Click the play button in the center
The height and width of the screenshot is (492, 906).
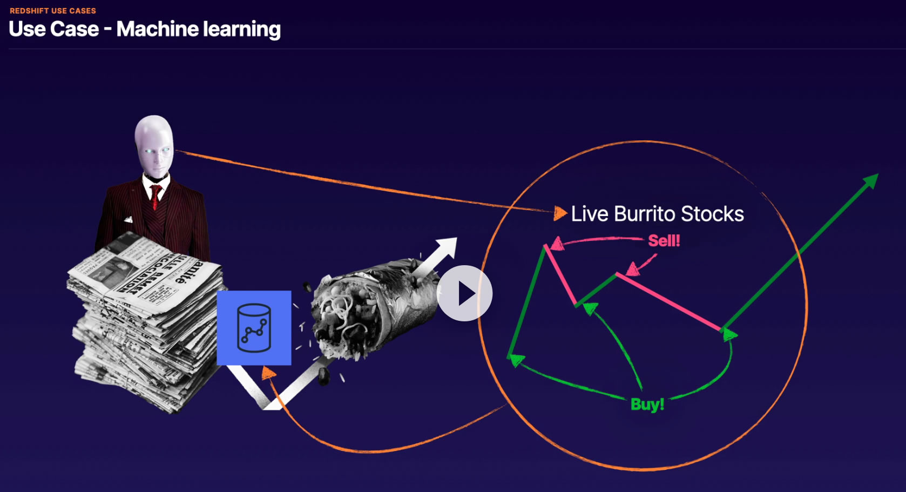(x=464, y=293)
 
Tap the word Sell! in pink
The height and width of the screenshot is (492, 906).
(x=664, y=240)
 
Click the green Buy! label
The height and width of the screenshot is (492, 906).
(x=647, y=404)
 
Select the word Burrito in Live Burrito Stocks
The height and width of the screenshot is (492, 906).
(x=646, y=214)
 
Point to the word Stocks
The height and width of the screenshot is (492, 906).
(x=712, y=214)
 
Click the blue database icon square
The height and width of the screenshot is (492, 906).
(x=254, y=328)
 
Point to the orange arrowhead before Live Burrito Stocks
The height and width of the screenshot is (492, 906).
(x=560, y=213)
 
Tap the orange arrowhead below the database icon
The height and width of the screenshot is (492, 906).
(x=268, y=373)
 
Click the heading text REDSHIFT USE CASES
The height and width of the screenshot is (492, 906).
(x=53, y=11)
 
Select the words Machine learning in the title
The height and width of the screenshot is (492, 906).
(x=199, y=29)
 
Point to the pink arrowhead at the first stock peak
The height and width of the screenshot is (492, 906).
(x=557, y=244)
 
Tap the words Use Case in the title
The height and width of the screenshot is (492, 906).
(x=54, y=29)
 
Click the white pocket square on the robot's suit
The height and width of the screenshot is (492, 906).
(x=129, y=219)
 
